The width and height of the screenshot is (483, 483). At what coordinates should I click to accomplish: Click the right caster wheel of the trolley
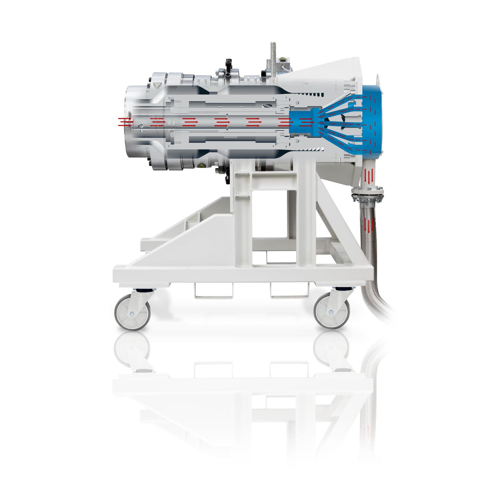click(x=331, y=312)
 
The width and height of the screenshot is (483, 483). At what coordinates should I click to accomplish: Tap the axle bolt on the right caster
click(x=331, y=312)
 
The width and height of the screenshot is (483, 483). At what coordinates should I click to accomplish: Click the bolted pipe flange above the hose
click(x=368, y=194)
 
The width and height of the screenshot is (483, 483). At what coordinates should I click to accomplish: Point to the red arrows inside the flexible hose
click(x=368, y=225)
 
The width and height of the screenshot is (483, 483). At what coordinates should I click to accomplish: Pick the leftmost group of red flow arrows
click(x=125, y=122)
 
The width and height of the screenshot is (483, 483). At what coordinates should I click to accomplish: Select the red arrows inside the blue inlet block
click(x=306, y=122)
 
